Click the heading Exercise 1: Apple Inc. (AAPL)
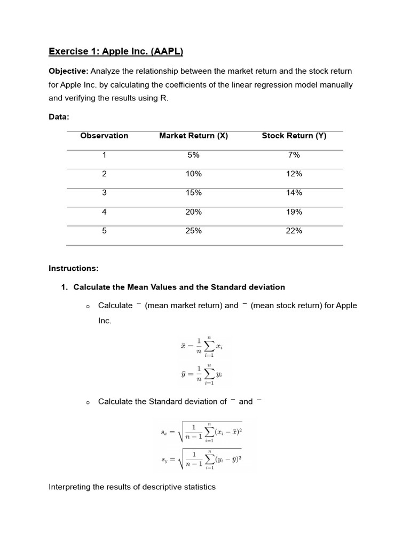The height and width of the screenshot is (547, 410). click(x=116, y=52)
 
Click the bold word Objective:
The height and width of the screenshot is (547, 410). click(x=68, y=71)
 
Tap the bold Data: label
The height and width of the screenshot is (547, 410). click(x=59, y=116)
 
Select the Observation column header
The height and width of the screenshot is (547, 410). click(x=104, y=136)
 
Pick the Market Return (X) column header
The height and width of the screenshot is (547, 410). click(x=193, y=136)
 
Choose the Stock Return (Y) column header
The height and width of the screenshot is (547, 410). click(x=294, y=136)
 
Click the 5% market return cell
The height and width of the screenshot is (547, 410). click(x=193, y=155)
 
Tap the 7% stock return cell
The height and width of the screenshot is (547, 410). click(x=294, y=155)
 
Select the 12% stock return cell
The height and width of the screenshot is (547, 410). click(x=294, y=174)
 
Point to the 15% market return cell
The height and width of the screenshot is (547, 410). click(x=193, y=193)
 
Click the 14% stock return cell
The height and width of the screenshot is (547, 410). click(x=294, y=193)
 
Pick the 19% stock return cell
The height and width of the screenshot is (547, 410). click(x=294, y=212)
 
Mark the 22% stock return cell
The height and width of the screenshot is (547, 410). click(x=294, y=231)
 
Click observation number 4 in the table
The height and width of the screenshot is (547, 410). click(x=104, y=212)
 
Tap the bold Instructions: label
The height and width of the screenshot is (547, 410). click(x=74, y=268)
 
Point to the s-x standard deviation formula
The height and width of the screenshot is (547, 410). click(x=205, y=432)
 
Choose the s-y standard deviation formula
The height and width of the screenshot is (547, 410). click(x=205, y=458)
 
